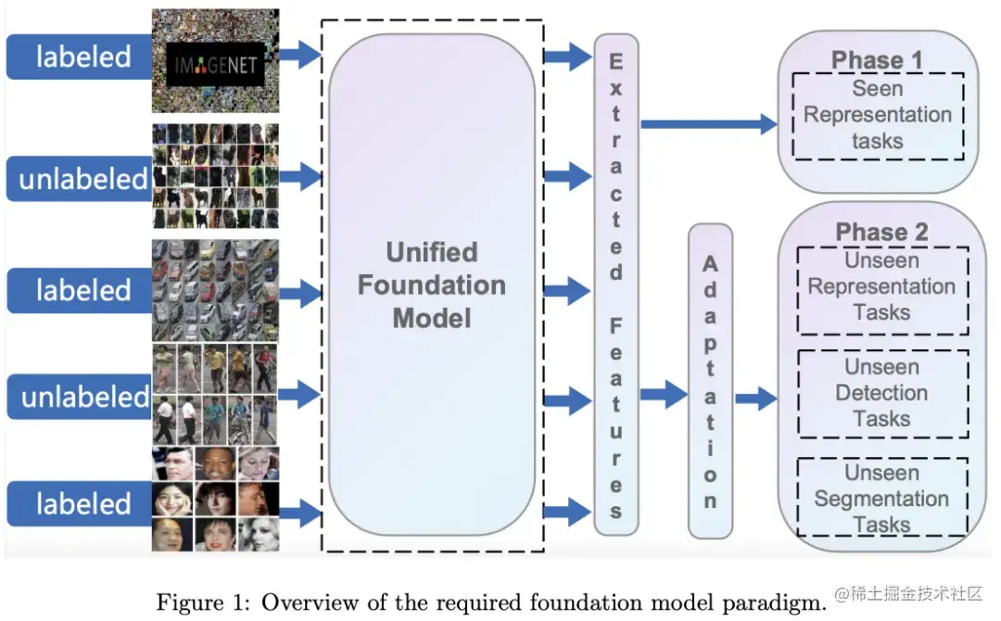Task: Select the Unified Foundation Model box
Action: pyautogui.click(x=432, y=285)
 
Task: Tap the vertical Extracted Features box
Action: pyautogui.click(x=615, y=285)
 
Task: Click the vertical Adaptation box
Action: pyautogui.click(x=710, y=381)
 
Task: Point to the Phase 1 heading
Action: pyautogui.click(x=877, y=61)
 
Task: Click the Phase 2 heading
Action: pyautogui.click(x=881, y=232)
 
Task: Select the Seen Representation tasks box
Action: pyautogui.click(x=878, y=115)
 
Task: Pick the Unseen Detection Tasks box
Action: pyautogui.click(x=881, y=393)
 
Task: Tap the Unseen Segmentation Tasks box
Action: pyautogui.click(x=881, y=499)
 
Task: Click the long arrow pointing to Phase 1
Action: pyautogui.click(x=709, y=123)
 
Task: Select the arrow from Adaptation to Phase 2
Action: pyautogui.click(x=756, y=399)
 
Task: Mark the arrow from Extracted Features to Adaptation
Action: pyautogui.click(x=664, y=395)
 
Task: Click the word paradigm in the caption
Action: pyautogui.click(x=775, y=602)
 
